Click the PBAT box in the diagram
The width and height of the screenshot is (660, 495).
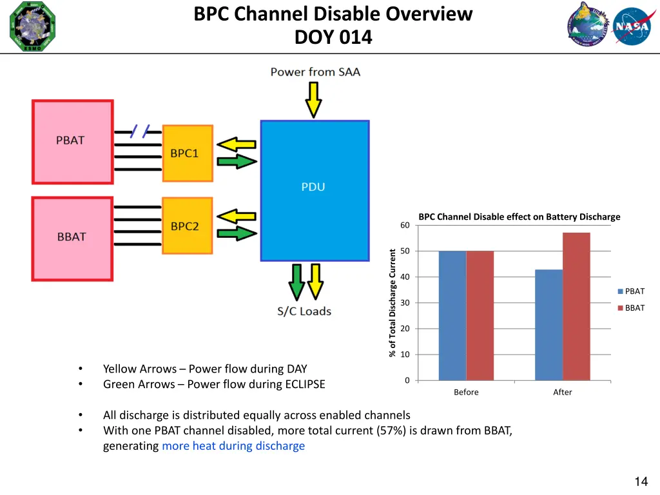(x=72, y=142)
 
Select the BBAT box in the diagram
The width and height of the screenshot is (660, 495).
(x=72, y=238)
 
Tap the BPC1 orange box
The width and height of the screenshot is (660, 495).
(x=187, y=153)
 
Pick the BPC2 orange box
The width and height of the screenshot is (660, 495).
(x=187, y=226)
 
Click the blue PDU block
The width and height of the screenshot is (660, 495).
(x=315, y=190)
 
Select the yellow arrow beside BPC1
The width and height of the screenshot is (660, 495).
(x=237, y=144)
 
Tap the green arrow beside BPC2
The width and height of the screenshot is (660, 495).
(x=237, y=234)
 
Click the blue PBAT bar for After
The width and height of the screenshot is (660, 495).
(x=548, y=325)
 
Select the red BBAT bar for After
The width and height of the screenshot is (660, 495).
(x=576, y=306)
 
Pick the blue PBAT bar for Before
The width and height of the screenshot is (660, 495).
(x=452, y=316)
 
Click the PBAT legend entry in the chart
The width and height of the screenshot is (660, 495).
(x=631, y=291)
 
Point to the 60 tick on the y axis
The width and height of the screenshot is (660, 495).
(x=405, y=225)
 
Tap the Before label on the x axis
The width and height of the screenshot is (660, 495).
(x=466, y=392)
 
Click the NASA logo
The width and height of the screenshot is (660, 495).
(x=632, y=26)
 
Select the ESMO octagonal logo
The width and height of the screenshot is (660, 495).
(x=32, y=26)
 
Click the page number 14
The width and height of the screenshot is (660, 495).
(x=641, y=481)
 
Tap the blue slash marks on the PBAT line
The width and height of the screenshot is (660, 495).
(x=140, y=131)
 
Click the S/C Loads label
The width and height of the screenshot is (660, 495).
(x=304, y=311)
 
